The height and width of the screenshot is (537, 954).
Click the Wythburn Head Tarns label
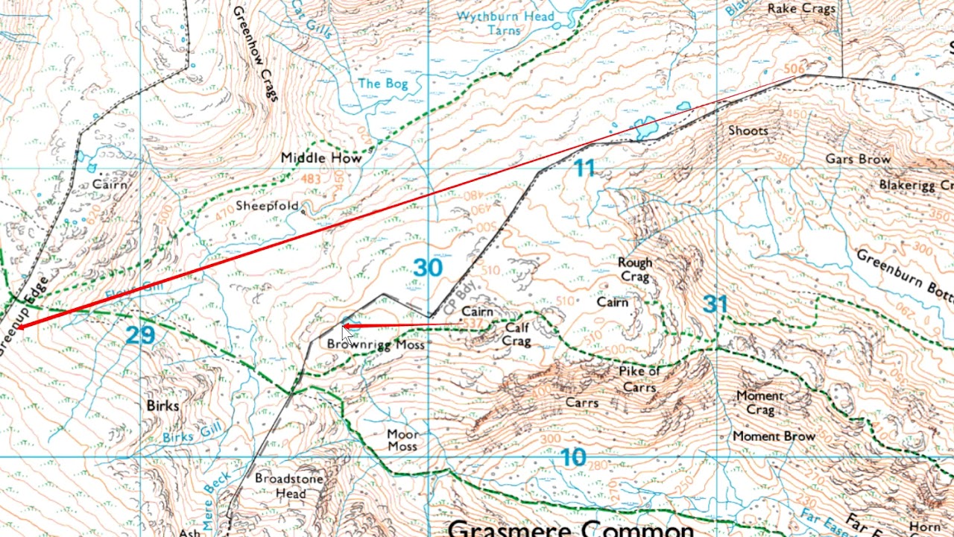pyautogui.click(x=505, y=23)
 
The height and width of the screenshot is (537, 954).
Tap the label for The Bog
pyautogui.click(x=383, y=83)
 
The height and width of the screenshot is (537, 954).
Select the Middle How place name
pyautogui.click(x=321, y=158)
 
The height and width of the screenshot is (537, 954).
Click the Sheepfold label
pyautogui.click(x=267, y=206)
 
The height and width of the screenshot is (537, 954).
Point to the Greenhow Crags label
pyautogui.click(x=255, y=54)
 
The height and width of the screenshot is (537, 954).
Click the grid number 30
pyautogui.click(x=427, y=268)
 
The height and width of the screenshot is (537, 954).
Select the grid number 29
pyautogui.click(x=140, y=335)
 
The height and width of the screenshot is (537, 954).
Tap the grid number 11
pyautogui.click(x=584, y=169)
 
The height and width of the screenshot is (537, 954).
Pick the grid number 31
pyautogui.click(x=714, y=304)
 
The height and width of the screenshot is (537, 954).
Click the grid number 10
pyautogui.click(x=572, y=457)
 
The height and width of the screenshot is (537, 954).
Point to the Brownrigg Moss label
pyautogui.click(x=376, y=345)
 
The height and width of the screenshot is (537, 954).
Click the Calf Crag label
pyautogui.click(x=517, y=334)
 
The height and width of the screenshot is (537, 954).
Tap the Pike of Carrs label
pyautogui.click(x=639, y=379)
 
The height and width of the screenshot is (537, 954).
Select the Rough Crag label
pyautogui.click(x=635, y=269)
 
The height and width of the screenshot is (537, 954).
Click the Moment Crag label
pyautogui.click(x=759, y=403)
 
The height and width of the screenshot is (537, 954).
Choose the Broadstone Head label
pyautogui.click(x=289, y=486)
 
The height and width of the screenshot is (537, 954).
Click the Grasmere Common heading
pyautogui.click(x=571, y=528)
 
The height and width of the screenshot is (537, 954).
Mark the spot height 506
pyautogui.click(x=794, y=69)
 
